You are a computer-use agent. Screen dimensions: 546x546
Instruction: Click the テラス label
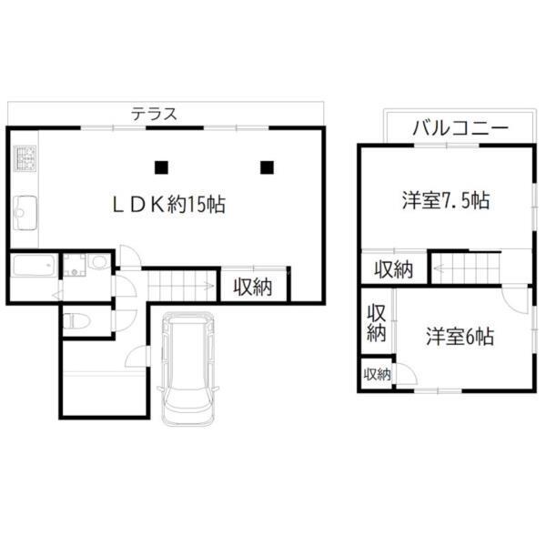coord(153,115)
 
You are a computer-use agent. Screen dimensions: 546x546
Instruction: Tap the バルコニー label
coord(460,127)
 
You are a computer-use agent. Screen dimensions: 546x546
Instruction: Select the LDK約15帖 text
coord(168,205)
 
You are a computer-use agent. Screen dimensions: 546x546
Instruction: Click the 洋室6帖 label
coord(460,337)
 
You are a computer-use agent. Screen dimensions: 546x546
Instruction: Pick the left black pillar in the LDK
coord(161,167)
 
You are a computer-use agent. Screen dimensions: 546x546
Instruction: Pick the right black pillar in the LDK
coord(267,167)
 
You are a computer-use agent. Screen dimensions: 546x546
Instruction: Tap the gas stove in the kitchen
coord(24,162)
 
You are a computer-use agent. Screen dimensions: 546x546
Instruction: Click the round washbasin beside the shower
coord(98,264)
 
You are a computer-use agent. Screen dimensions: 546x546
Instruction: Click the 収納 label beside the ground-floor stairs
coord(253,288)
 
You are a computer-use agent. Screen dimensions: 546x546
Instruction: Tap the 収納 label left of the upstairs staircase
coord(393,269)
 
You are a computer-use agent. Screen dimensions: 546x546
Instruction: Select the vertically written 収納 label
coord(377,322)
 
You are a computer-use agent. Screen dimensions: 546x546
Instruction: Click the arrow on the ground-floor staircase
coord(207,288)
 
